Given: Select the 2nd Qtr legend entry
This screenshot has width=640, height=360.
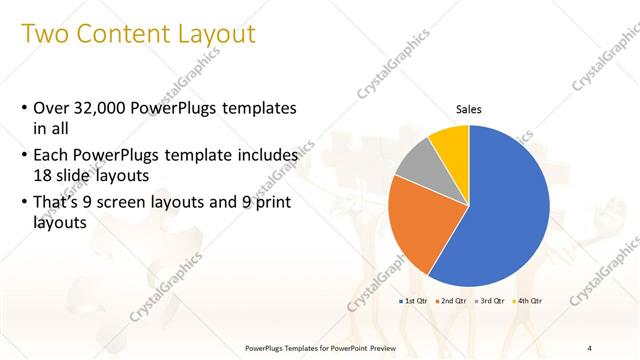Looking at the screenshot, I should coord(455,301).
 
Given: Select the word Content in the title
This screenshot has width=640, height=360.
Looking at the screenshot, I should coord(132,35).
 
